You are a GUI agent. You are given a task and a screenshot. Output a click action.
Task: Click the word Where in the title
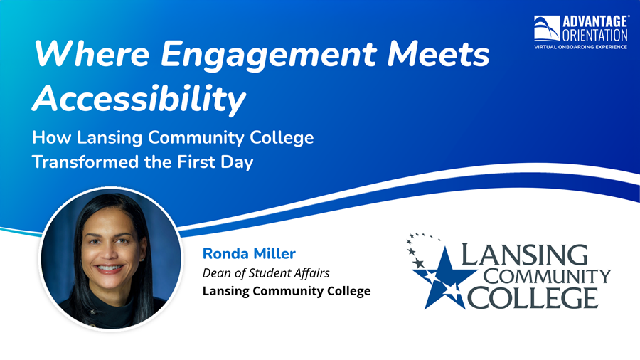tap(79, 54)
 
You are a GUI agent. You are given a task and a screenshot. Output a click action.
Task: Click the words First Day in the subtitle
tap(215, 162)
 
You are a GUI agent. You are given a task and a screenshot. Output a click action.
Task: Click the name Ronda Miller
tap(248, 253)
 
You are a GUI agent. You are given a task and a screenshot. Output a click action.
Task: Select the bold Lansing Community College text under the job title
tap(287, 291)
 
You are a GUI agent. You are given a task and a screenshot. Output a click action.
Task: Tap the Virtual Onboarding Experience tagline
tap(581, 46)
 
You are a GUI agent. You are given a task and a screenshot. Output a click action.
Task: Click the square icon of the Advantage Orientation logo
tap(546, 28)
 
